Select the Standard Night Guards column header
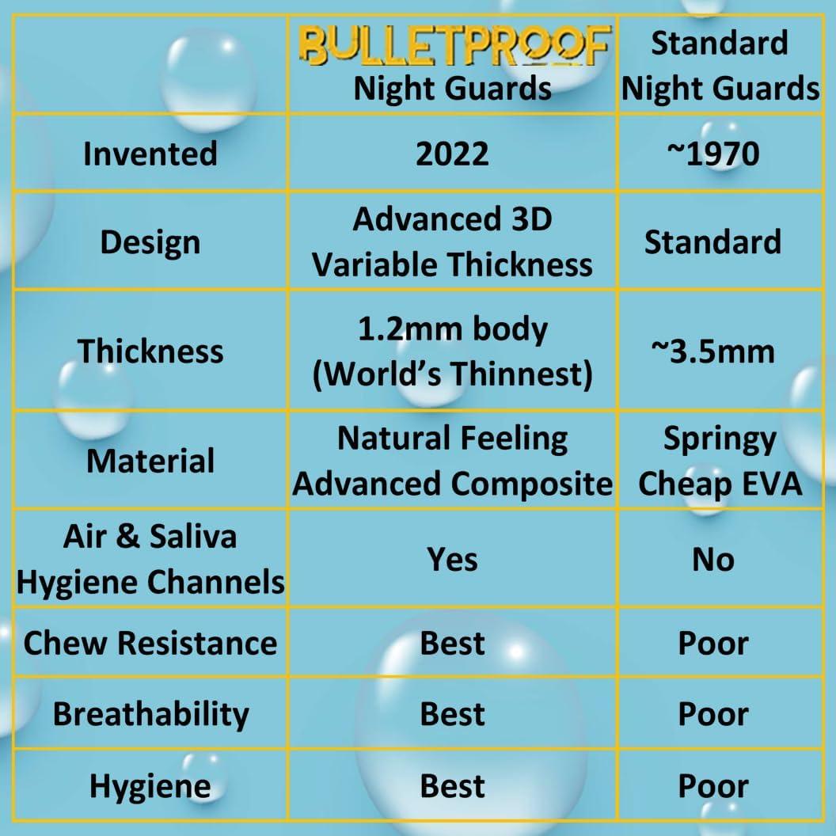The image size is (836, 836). coord(720,66)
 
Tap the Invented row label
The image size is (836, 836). coord(150,153)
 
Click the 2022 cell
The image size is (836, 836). coord(452,153)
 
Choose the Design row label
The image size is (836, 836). coord(150,242)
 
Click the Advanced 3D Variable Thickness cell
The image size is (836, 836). coord(452,241)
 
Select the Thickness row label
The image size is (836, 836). coord(150,351)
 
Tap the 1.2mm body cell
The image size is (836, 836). coord(452,351)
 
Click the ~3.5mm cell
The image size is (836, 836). coord(712,351)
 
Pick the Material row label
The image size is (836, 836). coord(150,461)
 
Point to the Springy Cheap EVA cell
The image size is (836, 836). coord(720,461)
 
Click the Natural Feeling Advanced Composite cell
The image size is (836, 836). coord(452,461)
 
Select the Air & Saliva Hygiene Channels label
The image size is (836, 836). coord(150,559)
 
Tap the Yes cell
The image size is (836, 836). coord(452,560)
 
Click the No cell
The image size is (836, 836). coord(712,560)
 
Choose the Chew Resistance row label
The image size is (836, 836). coord(150,643)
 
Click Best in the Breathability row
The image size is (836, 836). coord(452,714)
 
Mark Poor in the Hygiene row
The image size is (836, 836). coord(712,786)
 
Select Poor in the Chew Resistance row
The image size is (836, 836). coord(712,643)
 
